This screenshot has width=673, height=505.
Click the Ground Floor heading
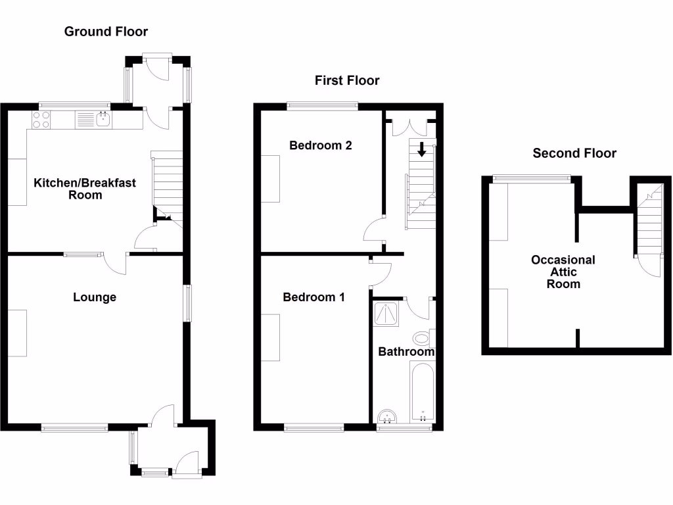click(x=106, y=32)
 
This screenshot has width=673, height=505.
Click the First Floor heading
click(x=347, y=81)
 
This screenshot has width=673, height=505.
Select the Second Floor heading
click(x=574, y=153)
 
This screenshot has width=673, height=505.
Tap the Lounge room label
click(x=95, y=297)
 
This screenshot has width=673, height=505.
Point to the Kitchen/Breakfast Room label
click(x=85, y=189)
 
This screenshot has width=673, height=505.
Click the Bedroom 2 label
click(x=321, y=145)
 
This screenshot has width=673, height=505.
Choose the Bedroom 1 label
click(x=313, y=297)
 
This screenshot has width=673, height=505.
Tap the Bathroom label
click(x=406, y=352)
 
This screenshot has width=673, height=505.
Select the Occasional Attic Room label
click(x=563, y=272)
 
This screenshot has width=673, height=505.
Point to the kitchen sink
click(x=103, y=119)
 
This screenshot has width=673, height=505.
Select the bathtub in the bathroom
click(x=422, y=391)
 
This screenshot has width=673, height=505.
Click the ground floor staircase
click(x=167, y=184)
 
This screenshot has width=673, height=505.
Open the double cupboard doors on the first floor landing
click(x=409, y=128)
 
